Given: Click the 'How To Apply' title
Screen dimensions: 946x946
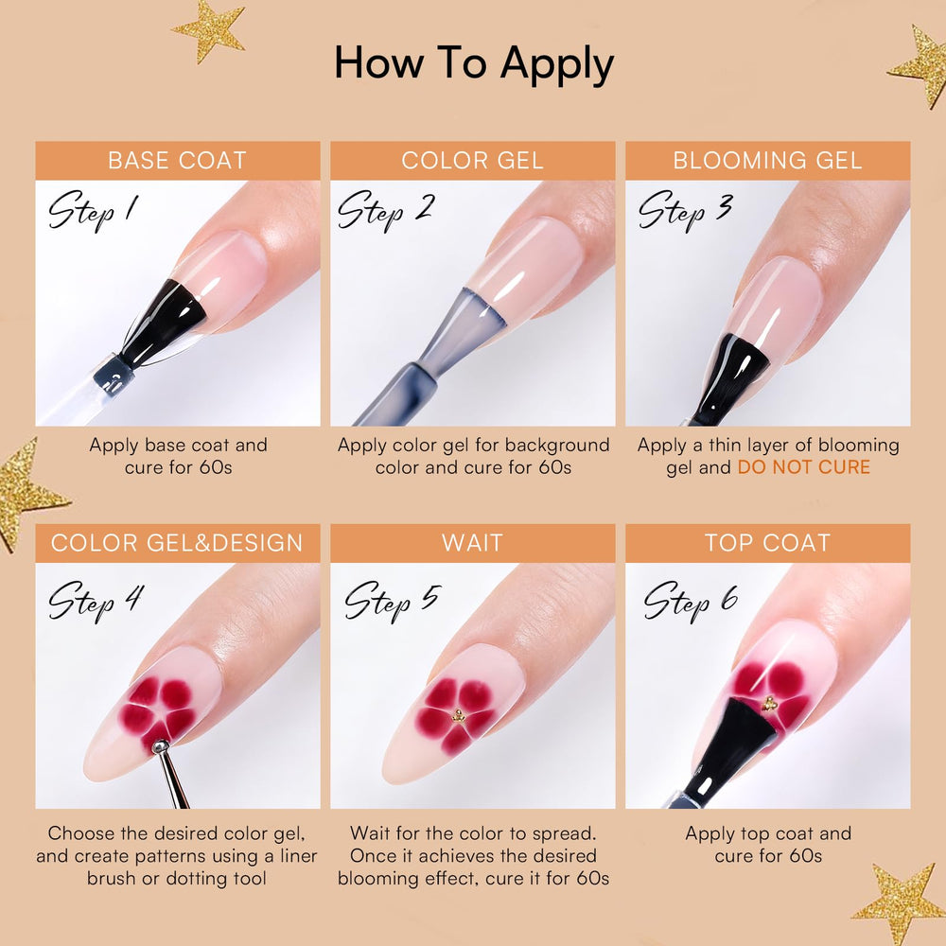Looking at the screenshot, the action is pos(474,64).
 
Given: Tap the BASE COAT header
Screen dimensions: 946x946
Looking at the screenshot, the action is pos(178,161).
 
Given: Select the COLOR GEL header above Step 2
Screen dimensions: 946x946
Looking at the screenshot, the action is pos(472,161).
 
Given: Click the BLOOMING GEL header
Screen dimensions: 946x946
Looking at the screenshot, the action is pos(767,161).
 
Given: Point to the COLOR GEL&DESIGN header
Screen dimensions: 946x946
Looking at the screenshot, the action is pos(178,543).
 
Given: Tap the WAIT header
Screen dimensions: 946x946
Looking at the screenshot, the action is pos(472,543).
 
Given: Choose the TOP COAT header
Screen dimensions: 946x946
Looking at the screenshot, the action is pos(767,543).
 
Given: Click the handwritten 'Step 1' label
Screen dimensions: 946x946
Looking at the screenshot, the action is pos(94,211).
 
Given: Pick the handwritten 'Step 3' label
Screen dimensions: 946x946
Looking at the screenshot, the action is pos(685,211).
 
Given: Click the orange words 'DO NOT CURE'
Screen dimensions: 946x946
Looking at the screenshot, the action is pos(803,467).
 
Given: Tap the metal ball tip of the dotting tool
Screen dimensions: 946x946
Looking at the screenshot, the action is pos(160,747).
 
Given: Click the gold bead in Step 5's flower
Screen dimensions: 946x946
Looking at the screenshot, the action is pos(459,716).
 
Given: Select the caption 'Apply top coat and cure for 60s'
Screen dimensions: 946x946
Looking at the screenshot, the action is pos(768,845).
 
